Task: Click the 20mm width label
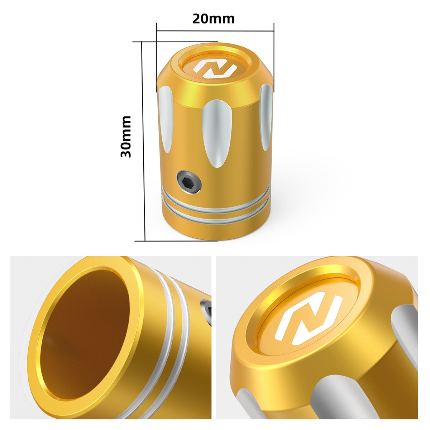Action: point(213,19)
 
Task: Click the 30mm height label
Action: point(126,137)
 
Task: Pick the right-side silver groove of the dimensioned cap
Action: point(265,116)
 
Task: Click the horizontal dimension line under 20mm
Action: point(215,31)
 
